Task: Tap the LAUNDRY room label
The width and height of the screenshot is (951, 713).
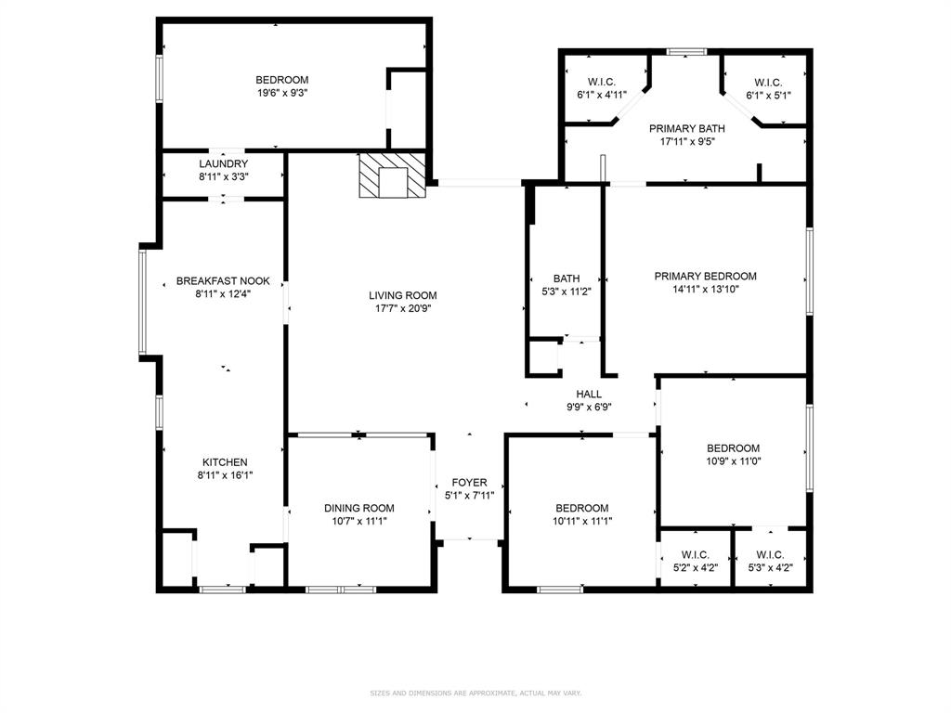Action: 223,164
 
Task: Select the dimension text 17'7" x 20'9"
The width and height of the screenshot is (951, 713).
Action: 402,308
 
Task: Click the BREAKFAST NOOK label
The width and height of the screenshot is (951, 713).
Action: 223,280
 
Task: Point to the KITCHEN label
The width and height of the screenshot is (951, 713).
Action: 225,462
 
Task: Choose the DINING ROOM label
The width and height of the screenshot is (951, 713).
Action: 358,508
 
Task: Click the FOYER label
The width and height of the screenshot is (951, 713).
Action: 469,483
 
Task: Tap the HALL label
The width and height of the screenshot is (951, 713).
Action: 589,394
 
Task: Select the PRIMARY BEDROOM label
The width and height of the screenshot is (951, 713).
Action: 705,276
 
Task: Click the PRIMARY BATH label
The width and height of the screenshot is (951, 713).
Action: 686,129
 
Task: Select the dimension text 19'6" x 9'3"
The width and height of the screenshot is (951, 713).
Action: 281,93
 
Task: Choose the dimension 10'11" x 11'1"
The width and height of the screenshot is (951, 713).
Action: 581,521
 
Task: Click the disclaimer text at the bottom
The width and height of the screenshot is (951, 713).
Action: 475,693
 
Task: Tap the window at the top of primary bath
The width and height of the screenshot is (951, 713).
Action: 686,52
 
